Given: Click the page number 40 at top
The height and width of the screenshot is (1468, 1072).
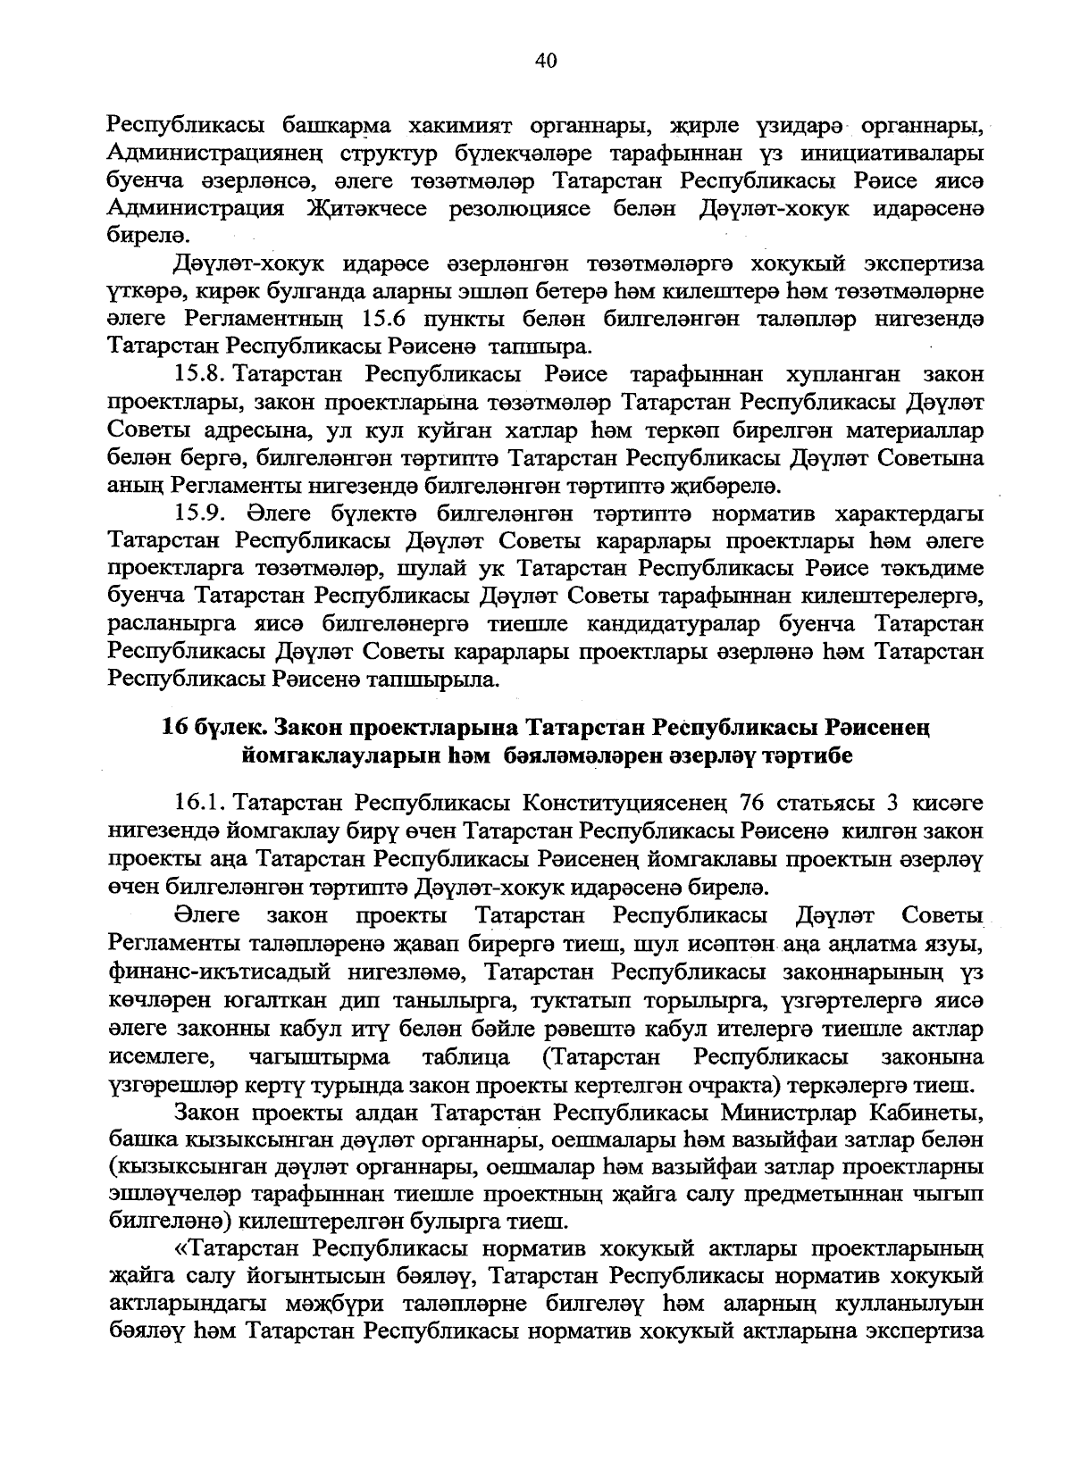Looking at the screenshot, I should click(546, 60).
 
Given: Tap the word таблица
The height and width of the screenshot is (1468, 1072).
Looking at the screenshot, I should click(466, 1059).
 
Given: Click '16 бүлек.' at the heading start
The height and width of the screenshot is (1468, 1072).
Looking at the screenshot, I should click(202, 729).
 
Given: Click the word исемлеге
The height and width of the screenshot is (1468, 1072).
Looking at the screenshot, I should click(163, 1059).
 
